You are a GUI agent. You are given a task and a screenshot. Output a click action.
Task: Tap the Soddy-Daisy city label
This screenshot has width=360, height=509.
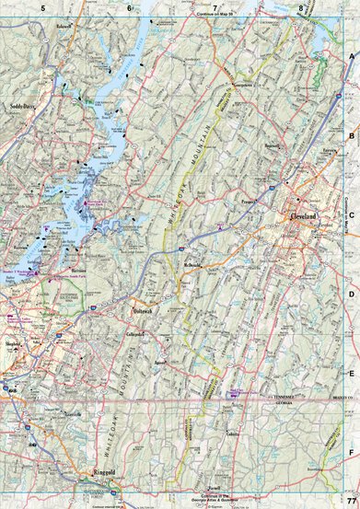[27, 107]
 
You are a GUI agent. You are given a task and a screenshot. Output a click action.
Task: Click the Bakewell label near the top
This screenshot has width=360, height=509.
[63, 27]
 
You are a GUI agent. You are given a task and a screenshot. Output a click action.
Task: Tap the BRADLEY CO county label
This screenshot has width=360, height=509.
[342, 395]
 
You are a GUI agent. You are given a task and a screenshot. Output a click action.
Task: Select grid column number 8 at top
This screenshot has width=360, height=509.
[301, 8]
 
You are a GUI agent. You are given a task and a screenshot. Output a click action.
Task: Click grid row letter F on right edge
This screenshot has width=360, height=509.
[351, 452]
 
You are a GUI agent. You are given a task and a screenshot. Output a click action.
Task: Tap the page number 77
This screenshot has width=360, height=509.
[351, 500]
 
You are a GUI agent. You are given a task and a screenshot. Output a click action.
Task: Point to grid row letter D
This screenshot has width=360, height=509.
[351, 294]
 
